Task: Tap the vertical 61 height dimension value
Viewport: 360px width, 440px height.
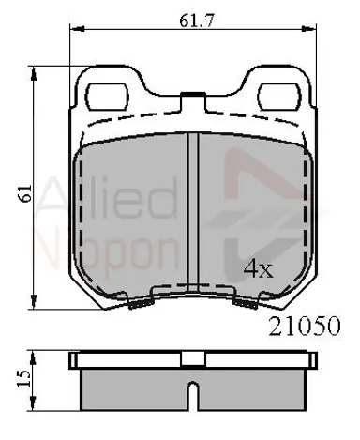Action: point(25,193)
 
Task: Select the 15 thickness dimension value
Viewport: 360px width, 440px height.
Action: point(24,379)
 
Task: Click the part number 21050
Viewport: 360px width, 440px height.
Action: point(304,326)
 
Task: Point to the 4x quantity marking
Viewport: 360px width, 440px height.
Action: point(258,269)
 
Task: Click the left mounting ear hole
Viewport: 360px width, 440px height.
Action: point(107,97)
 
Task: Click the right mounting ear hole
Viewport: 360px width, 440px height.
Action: point(280,97)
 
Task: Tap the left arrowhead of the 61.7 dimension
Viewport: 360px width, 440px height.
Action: point(78,29)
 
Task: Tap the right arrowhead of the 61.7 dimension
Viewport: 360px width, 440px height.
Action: point(308,29)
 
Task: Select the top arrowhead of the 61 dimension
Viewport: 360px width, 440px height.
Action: point(33,73)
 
